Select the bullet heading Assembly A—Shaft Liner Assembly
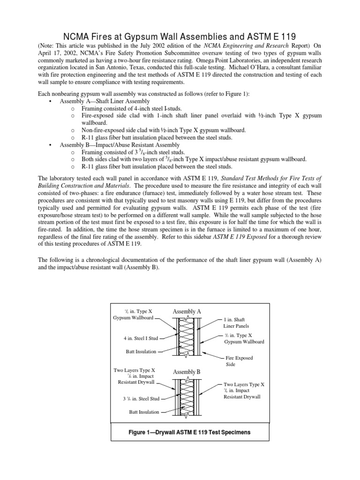105,101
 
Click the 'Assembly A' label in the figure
187,312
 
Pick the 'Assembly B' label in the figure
187,372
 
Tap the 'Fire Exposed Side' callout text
239,361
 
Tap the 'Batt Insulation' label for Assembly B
144,412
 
